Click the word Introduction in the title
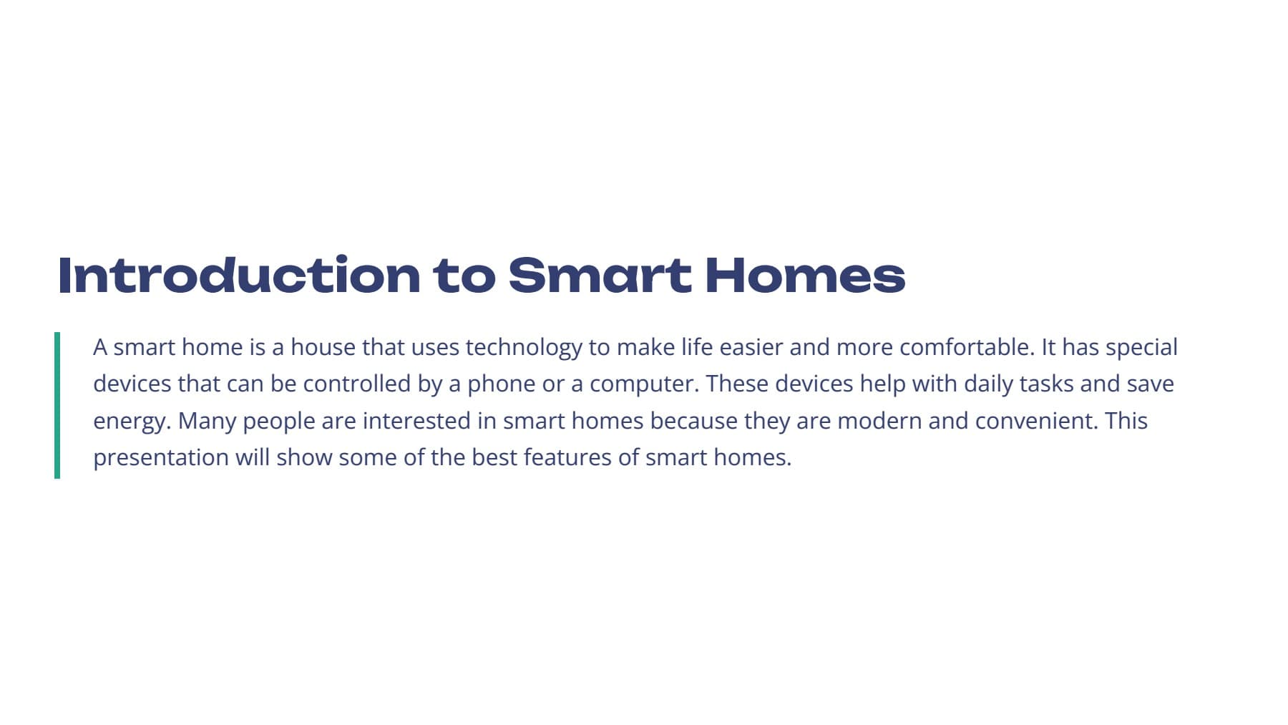[x=239, y=275]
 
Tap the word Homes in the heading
[x=805, y=275]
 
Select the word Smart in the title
[x=600, y=275]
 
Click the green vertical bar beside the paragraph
[x=57, y=405]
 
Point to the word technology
[x=524, y=349]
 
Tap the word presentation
[x=161, y=458]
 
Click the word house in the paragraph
[x=323, y=347]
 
